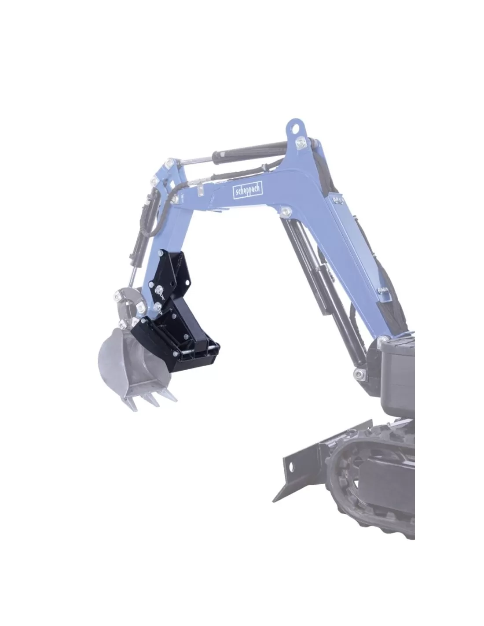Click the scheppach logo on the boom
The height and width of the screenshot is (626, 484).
[247, 190]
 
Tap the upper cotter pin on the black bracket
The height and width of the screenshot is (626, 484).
[160, 291]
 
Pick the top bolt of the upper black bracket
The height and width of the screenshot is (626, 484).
[161, 254]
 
